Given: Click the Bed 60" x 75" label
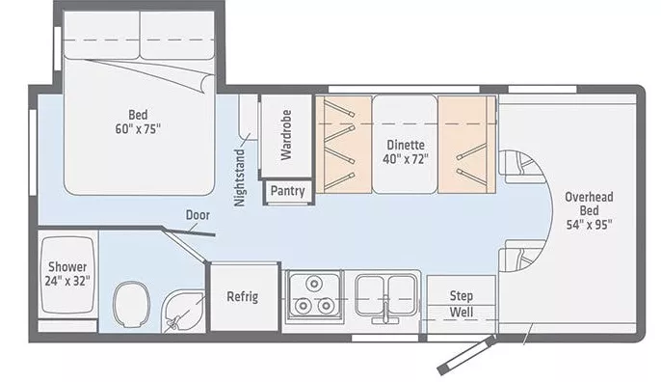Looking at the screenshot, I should [x=138, y=120].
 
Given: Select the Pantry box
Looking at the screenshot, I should [x=286, y=191].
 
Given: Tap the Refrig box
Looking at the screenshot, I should [x=242, y=296].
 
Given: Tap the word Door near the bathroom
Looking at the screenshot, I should [x=199, y=216].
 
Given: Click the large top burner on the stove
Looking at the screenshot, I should [x=313, y=286].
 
